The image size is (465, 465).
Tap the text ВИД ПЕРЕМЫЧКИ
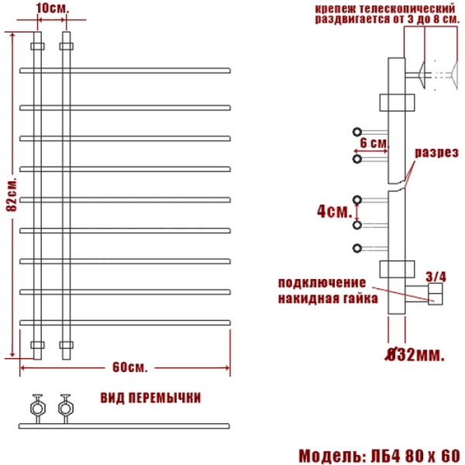click(150, 398)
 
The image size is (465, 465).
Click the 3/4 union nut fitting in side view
click(434, 293)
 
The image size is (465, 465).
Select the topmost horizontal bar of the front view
click(124, 70)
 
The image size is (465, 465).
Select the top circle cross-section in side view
click(357, 131)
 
